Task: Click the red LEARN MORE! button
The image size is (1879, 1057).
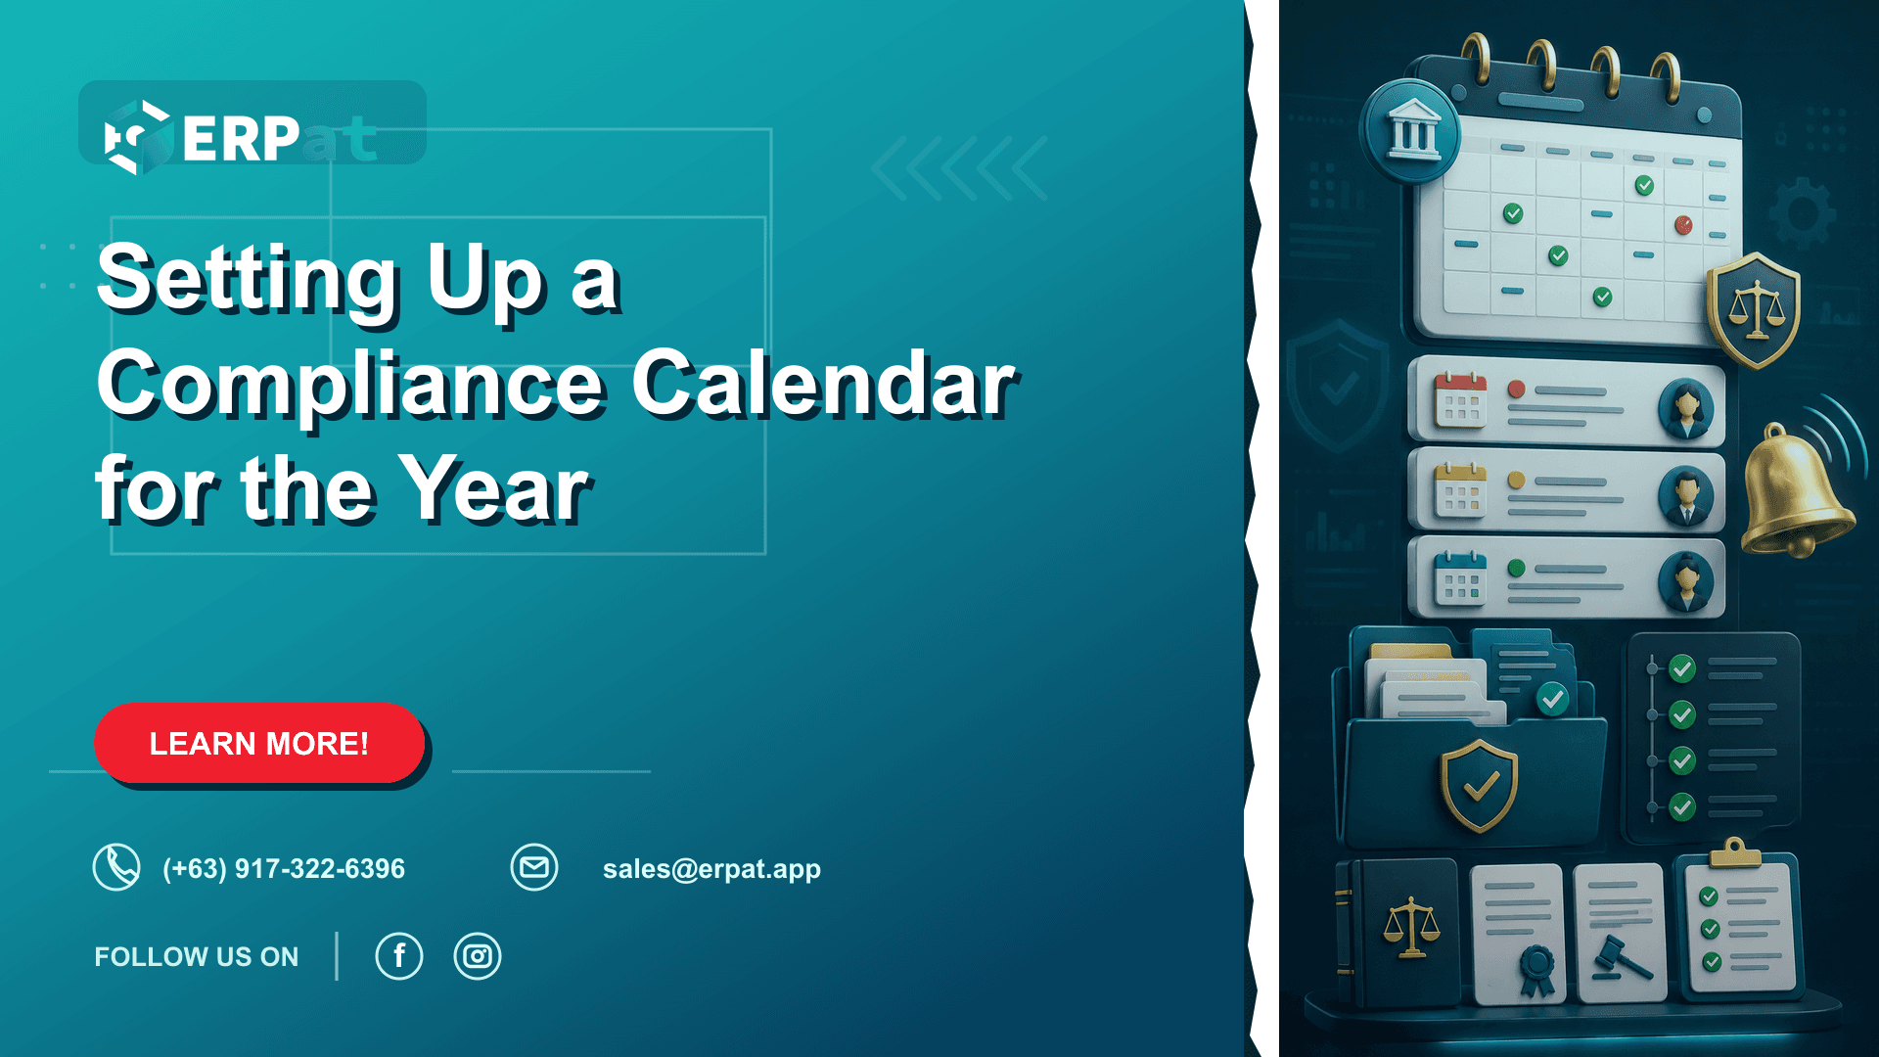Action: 259,743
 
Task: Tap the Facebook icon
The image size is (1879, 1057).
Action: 399,956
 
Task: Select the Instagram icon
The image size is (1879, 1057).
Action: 478,956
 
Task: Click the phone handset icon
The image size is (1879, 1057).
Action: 116,867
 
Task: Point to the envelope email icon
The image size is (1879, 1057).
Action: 534,867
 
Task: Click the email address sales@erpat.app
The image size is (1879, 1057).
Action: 711,869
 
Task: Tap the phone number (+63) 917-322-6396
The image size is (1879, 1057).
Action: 284,869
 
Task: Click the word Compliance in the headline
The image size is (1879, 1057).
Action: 350,387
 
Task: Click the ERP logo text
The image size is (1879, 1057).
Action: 241,139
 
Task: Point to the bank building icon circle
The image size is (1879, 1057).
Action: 1410,132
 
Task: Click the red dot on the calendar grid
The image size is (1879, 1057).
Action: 1683,225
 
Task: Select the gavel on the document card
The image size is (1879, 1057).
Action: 1622,958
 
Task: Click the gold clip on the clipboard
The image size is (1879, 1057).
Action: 1735,853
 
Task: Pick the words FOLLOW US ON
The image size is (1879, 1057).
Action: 197,957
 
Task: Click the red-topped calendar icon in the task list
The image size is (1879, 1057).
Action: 1460,400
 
